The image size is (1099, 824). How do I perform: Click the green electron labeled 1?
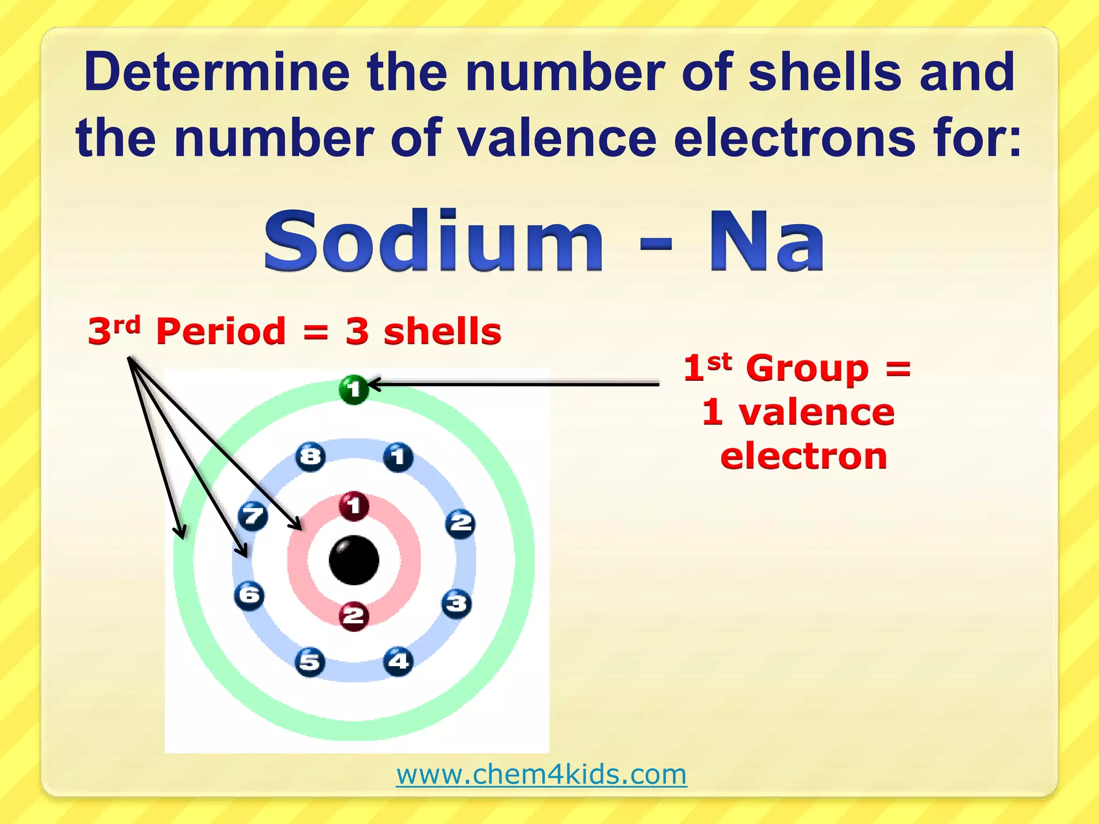354,389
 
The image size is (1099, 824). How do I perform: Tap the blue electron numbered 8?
310,457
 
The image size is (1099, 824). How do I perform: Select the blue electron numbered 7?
253,517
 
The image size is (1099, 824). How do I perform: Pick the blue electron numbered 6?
250,595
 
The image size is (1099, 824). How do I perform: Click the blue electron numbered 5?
310,662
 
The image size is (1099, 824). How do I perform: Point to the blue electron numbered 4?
398,661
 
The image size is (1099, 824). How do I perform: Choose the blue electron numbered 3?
457,604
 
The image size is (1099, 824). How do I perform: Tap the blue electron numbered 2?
460,523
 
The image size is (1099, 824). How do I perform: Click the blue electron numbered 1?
398,458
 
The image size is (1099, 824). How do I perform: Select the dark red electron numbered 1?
354,505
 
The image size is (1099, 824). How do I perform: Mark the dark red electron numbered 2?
354,615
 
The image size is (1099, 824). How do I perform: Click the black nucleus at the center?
354,560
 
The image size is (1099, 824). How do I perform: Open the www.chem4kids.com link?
541,774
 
